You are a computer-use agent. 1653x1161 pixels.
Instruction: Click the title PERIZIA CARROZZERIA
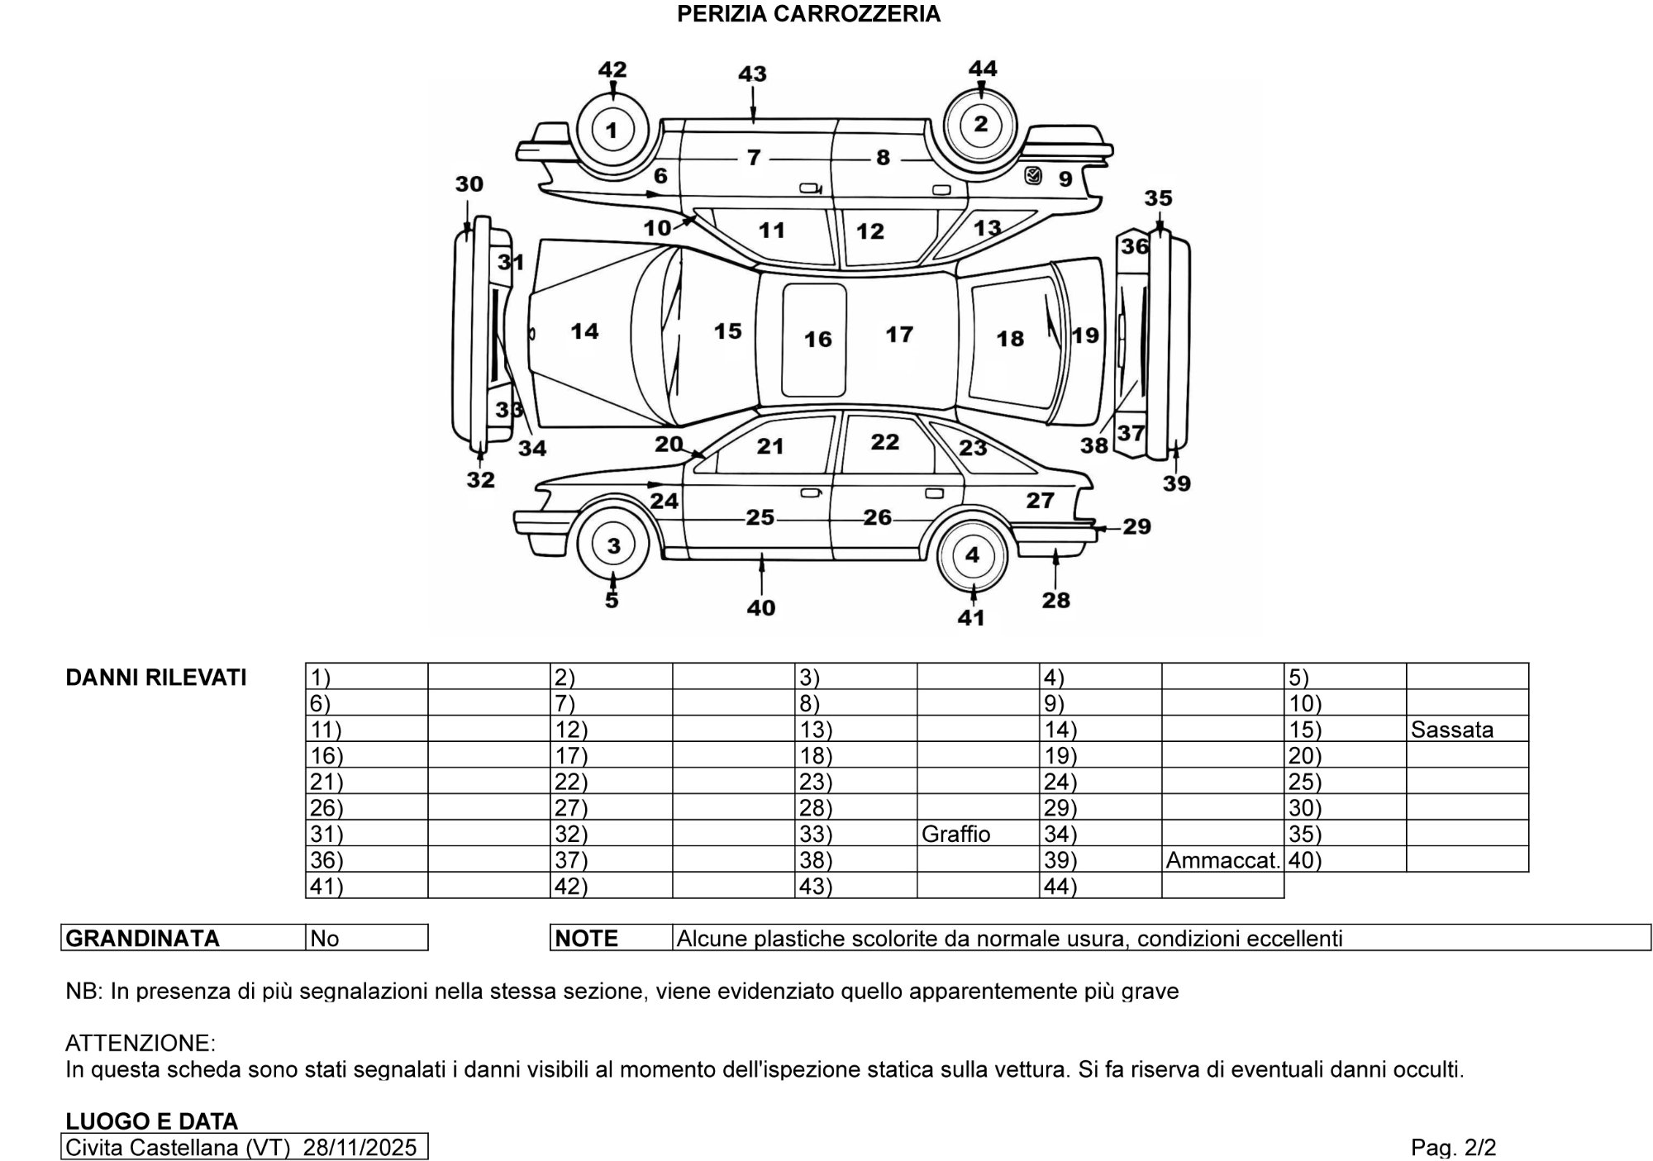[x=808, y=14]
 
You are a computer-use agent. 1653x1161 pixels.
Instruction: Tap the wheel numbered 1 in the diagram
[x=612, y=130]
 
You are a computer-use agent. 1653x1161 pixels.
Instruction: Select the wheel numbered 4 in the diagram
[x=972, y=554]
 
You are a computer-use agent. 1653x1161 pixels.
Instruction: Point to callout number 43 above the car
[x=752, y=74]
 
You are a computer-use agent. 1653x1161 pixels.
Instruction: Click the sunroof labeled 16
[x=815, y=339]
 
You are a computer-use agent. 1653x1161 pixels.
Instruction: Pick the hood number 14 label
[x=584, y=331]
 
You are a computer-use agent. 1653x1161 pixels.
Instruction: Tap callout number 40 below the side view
[x=761, y=607]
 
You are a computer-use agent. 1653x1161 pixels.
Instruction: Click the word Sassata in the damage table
[x=1452, y=730]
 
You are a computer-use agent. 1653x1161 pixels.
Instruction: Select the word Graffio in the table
[x=955, y=834]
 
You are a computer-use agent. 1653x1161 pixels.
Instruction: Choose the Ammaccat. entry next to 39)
[x=1222, y=860]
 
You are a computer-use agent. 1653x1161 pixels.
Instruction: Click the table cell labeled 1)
[x=366, y=677]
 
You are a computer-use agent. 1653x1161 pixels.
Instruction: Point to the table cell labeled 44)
[x=1100, y=886]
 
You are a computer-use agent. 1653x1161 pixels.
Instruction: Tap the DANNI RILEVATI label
[x=156, y=678]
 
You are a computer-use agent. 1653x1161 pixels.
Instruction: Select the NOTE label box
[x=611, y=938]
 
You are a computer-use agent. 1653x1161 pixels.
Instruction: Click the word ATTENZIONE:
[x=140, y=1043]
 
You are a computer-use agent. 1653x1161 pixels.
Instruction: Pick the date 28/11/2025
[x=360, y=1147]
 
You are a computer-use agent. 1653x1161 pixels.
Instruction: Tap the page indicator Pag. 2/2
[x=1453, y=1147]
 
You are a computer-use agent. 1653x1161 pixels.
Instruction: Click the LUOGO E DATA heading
[x=151, y=1121]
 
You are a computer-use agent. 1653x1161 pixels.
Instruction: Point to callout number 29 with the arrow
[x=1137, y=526]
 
